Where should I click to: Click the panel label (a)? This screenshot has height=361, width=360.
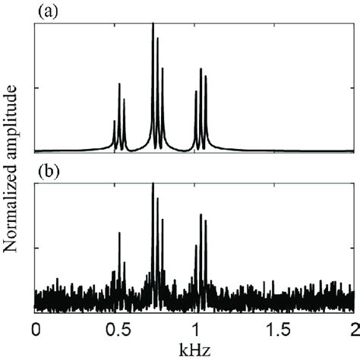coord(46,11)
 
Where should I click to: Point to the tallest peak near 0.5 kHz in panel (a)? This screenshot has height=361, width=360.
coord(119,84)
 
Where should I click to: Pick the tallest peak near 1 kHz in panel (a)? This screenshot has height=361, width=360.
coord(201,69)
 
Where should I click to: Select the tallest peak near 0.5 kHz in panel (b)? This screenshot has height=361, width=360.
coord(119,233)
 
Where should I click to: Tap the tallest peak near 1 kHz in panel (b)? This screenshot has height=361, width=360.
coord(201,214)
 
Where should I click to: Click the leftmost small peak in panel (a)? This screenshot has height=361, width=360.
coord(114,121)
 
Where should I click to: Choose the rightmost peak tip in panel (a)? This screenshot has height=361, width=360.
coord(206,76)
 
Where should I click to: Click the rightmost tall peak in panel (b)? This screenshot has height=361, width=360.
coord(206,220)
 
